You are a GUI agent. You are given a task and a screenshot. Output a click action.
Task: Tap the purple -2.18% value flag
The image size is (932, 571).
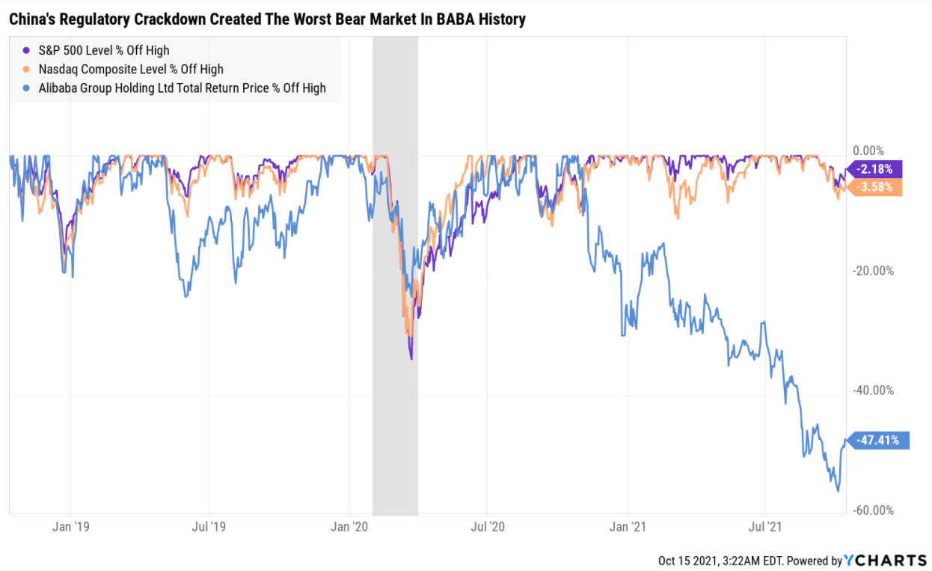(874, 169)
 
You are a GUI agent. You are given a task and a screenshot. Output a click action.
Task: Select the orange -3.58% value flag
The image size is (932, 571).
(874, 187)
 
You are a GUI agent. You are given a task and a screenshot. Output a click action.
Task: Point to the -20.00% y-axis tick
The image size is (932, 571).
(874, 271)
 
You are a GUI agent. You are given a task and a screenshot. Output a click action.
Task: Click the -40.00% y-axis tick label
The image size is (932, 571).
(874, 391)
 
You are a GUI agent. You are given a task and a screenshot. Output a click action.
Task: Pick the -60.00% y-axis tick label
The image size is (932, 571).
(874, 510)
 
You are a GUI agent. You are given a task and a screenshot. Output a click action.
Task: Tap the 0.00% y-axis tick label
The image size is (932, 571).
(869, 150)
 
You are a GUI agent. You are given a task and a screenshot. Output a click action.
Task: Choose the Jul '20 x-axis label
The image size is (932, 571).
(487, 527)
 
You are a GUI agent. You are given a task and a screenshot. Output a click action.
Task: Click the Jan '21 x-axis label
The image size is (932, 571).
(628, 527)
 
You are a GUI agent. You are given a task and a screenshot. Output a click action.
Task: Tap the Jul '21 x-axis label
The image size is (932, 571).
(766, 527)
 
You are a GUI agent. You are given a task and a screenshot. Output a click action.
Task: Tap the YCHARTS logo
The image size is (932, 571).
(886, 560)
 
